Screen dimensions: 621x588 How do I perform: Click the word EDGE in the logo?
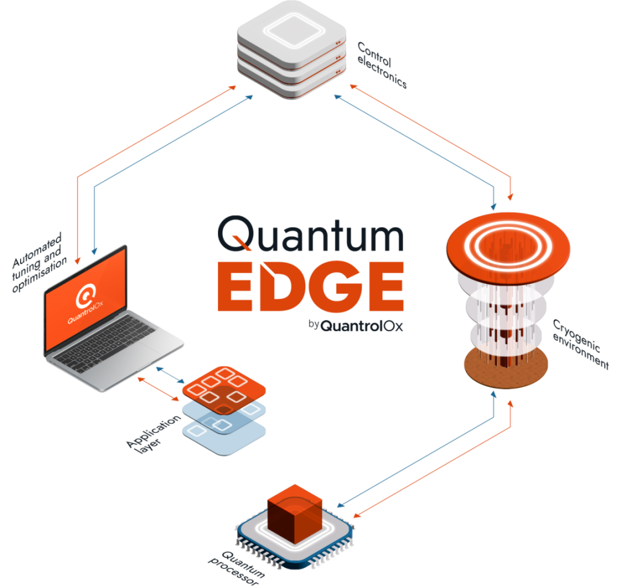pyautogui.click(x=310, y=286)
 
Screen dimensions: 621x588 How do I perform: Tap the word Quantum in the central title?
pyautogui.click(x=310, y=234)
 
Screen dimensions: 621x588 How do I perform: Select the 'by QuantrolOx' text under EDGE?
pyautogui.click(x=355, y=325)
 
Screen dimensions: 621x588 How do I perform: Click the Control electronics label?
pyautogui.click(x=382, y=65)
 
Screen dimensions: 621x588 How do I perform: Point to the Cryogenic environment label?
pyautogui.click(x=581, y=343)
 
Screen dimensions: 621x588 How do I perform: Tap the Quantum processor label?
pyautogui.click(x=237, y=568)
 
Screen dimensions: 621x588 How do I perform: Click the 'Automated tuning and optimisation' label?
pyautogui.click(x=39, y=262)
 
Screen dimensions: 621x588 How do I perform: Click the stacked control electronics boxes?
pyautogui.click(x=292, y=50)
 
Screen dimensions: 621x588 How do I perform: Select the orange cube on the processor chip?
pyautogui.click(x=295, y=514)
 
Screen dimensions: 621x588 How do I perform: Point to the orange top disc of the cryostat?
pyautogui.click(x=508, y=248)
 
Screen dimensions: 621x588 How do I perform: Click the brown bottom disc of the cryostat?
pyautogui.click(x=506, y=368)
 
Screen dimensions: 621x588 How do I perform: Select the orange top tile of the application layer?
pyautogui.click(x=224, y=389)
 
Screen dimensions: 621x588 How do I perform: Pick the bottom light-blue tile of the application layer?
pyautogui.click(x=224, y=437)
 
